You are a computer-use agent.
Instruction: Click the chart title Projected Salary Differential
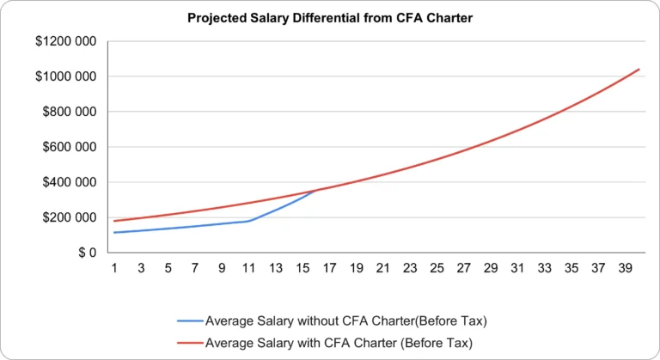pos(329,18)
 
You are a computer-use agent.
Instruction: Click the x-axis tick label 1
pos(114,269)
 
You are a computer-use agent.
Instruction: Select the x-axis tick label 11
pos(248,269)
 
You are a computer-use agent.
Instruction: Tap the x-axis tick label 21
pos(382,269)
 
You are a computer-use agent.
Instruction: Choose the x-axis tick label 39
pos(624,269)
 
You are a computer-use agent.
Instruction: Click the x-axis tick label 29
pos(490,269)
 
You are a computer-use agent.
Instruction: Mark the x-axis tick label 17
pos(329,269)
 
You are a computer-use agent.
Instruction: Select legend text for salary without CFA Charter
pos(345,321)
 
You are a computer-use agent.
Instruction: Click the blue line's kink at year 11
pos(248,221)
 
